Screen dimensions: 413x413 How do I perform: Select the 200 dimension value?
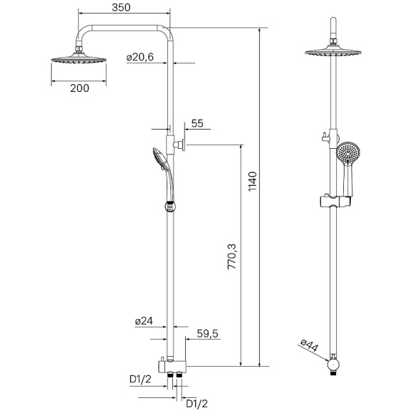pos(80,89)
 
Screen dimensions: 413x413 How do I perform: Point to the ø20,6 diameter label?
pos(140,57)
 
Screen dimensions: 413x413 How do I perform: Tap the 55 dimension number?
pos(197,123)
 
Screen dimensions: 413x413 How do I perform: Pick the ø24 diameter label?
pos(144,321)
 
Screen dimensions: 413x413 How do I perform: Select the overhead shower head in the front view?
pos(333,51)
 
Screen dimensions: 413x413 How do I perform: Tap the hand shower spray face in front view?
pos(347,152)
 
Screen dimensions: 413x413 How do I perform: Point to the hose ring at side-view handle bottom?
pos(169,206)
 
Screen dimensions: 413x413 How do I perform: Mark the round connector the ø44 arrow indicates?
pos(333,364)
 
